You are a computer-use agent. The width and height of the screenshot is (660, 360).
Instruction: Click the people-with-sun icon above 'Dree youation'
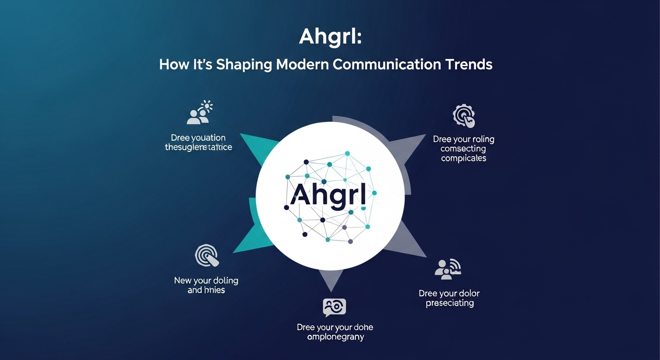click(200, 112)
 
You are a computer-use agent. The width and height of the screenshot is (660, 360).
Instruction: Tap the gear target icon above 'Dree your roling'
click(464, 116)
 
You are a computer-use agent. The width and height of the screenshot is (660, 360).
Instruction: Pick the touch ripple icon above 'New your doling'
click(207, 256)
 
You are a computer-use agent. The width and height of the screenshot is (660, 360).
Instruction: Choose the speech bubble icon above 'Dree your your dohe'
click(334, 307)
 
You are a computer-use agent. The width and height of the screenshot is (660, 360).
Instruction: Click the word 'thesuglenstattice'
click(198, 147)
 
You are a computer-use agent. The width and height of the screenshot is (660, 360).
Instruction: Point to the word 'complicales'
click(464, 158)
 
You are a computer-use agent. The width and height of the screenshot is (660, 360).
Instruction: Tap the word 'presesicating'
click(450, 303)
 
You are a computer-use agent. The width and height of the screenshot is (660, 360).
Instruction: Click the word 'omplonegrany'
click(335, 337)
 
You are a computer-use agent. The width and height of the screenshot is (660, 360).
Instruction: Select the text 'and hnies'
click(206, 290)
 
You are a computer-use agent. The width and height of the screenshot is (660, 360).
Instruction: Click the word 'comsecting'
click(464, 149)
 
